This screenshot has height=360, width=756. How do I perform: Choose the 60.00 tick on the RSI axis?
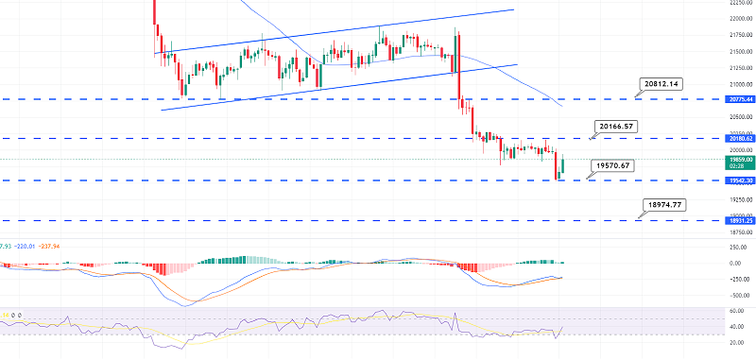[x=739, y=310]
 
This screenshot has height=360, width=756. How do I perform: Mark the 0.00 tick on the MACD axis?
[x=741, y=263]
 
